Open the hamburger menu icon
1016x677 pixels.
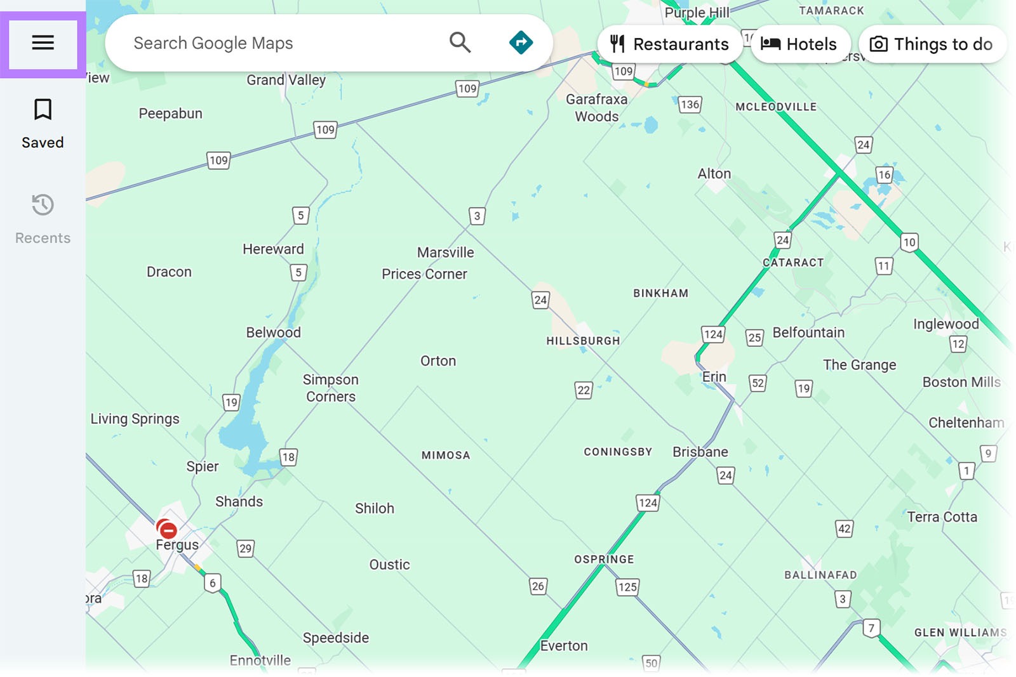[43, 43]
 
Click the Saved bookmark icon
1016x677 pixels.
[43, 110]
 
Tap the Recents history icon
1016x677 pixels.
[43, 205]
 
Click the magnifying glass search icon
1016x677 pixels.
[460, 43]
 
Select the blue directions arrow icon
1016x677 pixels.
[521, 43]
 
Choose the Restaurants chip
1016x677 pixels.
[669, 44]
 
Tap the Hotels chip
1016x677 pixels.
[799, 44]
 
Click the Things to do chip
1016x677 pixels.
[932, 44]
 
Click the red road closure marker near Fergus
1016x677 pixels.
[168, 530]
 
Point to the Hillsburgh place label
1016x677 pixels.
[583, 341]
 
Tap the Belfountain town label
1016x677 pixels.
[808, 332]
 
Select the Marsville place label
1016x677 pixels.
[445, 253]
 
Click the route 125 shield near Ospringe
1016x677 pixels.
[627, 587]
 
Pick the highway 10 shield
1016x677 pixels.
[909, 242]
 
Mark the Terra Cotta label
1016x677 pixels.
[942, 517]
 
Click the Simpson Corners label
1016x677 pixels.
[330, 388]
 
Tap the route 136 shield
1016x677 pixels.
[690, 105]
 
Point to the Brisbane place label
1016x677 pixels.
[700, 452]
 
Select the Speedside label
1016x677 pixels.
[335, 638]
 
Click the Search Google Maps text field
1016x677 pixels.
[279, 43]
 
